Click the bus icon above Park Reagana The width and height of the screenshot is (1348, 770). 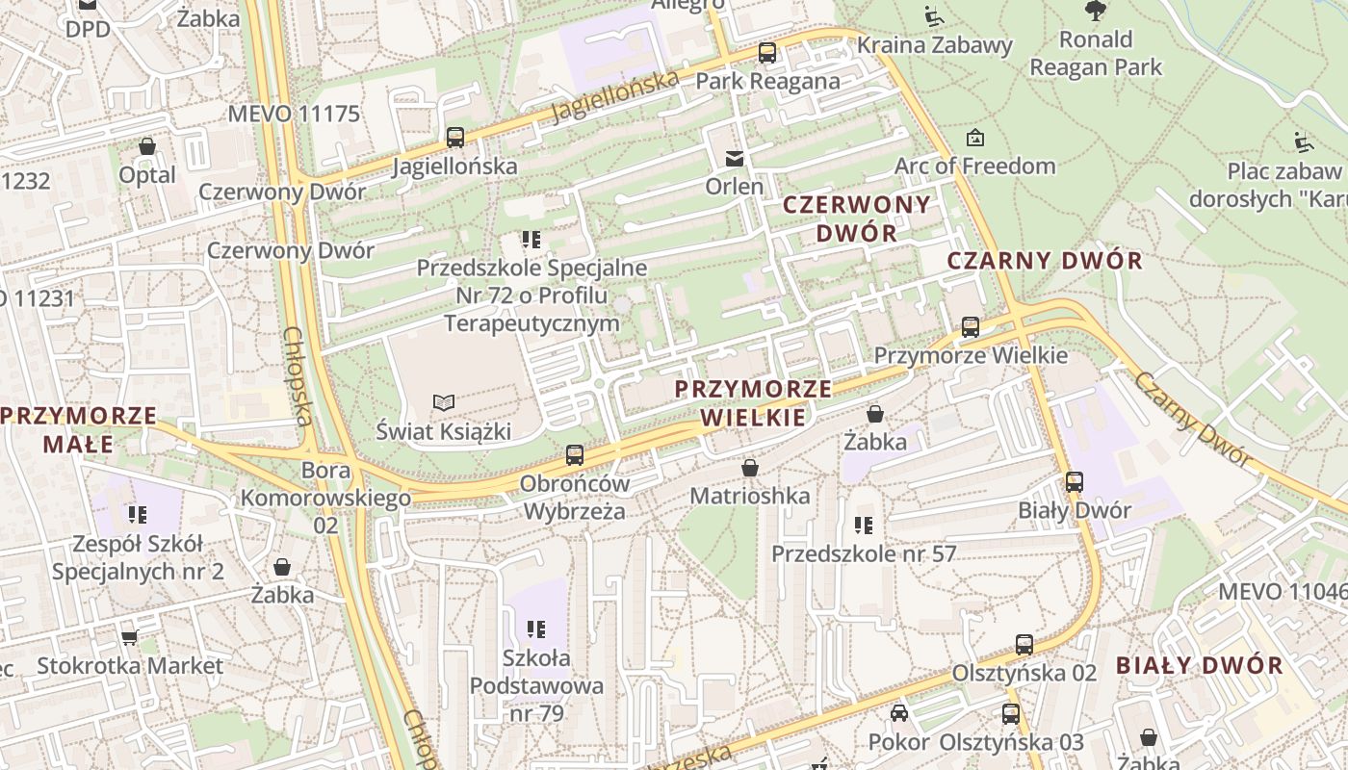point(766,53)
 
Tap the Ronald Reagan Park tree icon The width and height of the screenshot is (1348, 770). point(1095,11)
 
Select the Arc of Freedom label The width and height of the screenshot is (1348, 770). point(975,166)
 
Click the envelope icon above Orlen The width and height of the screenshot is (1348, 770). point(735,158)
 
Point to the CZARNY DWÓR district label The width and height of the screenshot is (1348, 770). point(1045,260)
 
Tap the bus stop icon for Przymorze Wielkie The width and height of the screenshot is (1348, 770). point(971,327)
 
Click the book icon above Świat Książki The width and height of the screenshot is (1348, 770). point(443,402)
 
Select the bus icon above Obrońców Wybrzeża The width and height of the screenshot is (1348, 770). point(574,454)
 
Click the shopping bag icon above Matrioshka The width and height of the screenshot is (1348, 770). point(750,469)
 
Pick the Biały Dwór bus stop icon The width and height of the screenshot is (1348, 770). point(1075,482)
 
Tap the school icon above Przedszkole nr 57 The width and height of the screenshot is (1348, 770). point(863,526)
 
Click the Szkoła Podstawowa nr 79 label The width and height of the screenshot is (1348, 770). point(536,685)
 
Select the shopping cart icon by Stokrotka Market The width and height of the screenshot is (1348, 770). point(130,637)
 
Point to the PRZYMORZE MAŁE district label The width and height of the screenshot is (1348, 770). point(79,429)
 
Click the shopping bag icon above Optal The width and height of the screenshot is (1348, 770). point(147,146)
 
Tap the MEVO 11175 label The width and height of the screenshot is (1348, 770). point(294,114)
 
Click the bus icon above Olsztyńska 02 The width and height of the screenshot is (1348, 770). point(1024,645)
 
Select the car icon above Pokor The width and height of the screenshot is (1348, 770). point(898,713)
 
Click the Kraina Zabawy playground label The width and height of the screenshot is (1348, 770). point(934,45)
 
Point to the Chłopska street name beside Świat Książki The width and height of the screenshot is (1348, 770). point(298,375)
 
